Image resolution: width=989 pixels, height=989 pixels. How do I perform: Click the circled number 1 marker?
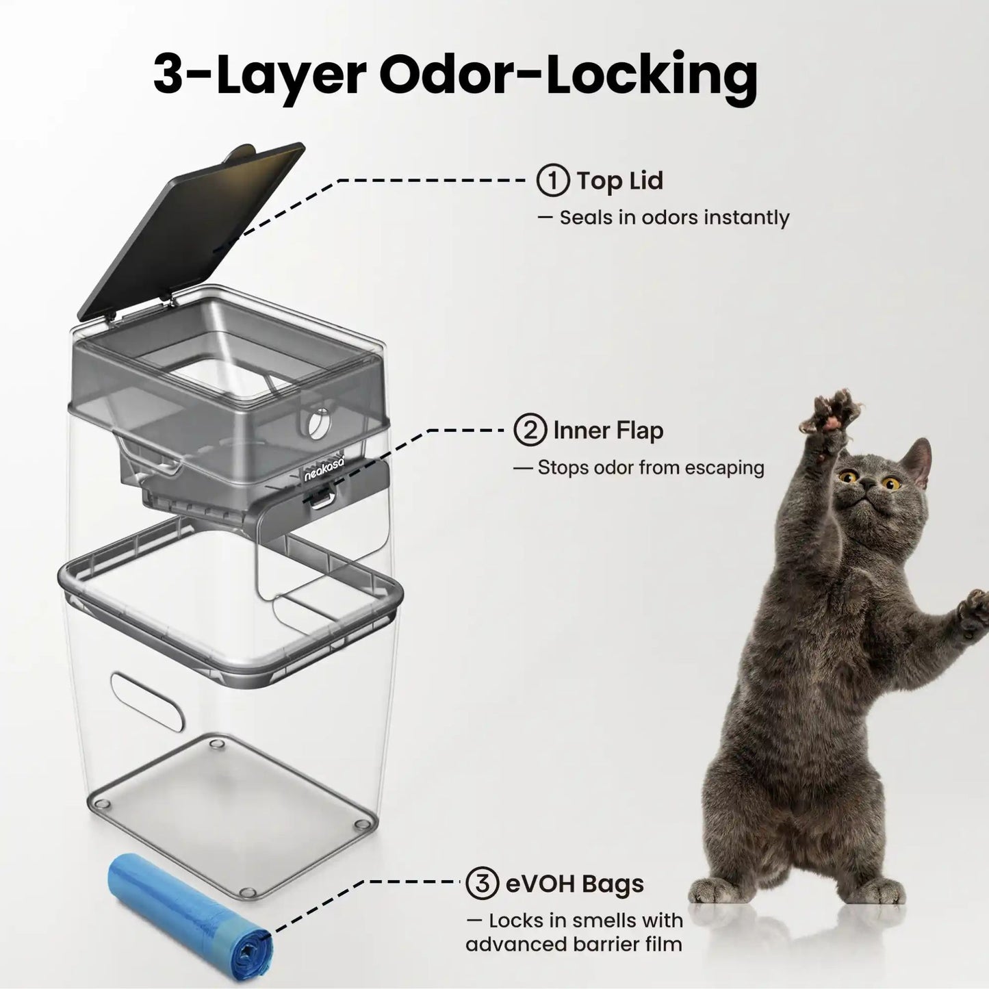pos(553,180)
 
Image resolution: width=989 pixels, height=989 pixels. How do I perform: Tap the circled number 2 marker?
pos(530,430)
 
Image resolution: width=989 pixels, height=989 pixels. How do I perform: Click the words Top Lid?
pos(620,181)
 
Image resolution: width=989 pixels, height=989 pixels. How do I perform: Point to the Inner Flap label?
pos(608,430)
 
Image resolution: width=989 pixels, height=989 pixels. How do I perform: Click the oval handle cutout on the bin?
pos(146,702)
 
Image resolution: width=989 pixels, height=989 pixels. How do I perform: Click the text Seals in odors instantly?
pos(674,218)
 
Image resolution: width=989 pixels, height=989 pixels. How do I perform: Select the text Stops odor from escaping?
pos(651,467)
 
